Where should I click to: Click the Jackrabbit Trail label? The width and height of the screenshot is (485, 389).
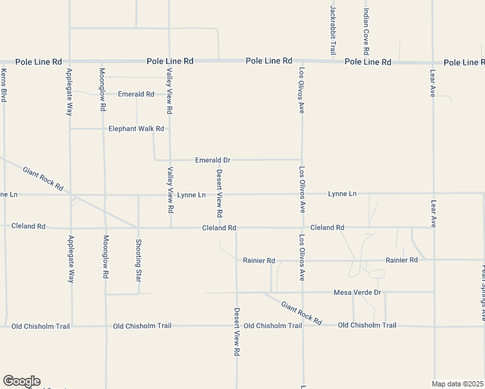coord(333,30)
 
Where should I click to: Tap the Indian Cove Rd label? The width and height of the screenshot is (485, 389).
coord(366,31)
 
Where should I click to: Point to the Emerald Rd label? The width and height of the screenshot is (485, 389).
coord(136,94)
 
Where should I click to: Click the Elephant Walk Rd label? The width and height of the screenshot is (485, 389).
coord(137,128)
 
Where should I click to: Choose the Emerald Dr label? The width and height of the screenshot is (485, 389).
coord(213,159)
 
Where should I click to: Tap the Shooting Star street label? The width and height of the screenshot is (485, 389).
coord(137,260)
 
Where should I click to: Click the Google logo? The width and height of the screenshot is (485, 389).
coord(21,381)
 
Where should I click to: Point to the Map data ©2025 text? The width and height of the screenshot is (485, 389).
coord(458,384)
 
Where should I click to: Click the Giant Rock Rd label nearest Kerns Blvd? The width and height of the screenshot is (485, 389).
coord(43,179)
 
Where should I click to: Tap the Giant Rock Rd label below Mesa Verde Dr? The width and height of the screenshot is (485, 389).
coord(302,312)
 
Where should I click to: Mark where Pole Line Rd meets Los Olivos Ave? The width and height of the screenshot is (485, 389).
coord(302,62)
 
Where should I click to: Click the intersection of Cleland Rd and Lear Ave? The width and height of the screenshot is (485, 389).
coord(434,228)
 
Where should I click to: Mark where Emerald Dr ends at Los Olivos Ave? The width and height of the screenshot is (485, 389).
coord(302,159)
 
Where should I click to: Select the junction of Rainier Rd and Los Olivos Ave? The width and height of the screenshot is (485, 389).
coord(302,260)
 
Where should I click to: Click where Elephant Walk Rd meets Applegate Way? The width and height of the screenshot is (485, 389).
coord(69,128)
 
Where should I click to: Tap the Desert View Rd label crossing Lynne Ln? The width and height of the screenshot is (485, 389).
coord(219,193)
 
